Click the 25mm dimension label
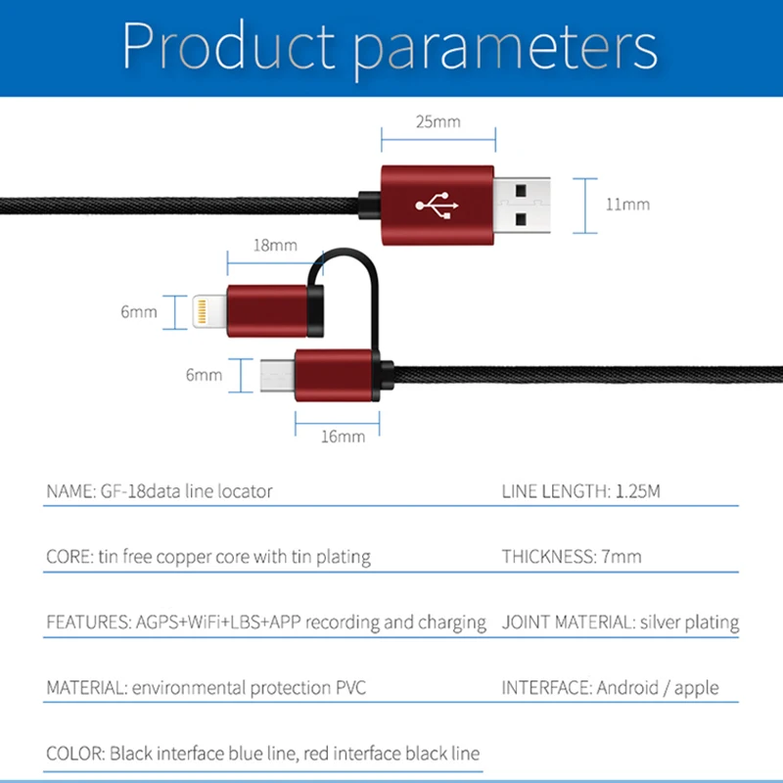click(437, 122)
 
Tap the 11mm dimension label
click(627, 205)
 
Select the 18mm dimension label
click(275, 246)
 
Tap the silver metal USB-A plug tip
click(523, 204)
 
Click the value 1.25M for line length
click(638, 491)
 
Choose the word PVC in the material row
click(348, 688)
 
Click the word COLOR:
click(75, 754)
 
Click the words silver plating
click(689, 622)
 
